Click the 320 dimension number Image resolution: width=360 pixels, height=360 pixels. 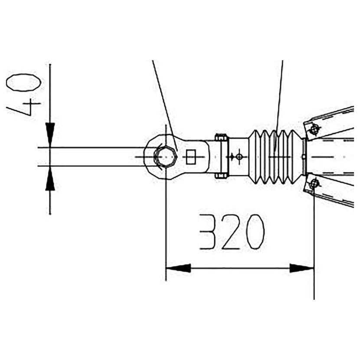pyautogui.click(x=232, y=232)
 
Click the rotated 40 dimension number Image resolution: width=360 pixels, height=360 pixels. pyautogui.click(x=24, y=95)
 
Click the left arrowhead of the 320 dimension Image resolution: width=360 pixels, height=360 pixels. pyautogui.click(x=178, y=268)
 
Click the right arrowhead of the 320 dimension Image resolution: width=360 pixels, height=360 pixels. pyautogui.click(x=301, y=268)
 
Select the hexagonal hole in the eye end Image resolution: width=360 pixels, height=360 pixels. pyautogui.click(x=166, y=157)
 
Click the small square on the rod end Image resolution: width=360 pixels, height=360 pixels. pyautogui.click(x=191, y=157)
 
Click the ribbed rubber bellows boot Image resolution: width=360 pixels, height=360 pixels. pyautogui.click(x=275, y=157)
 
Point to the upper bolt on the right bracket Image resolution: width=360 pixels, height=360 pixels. pyautogui.click(x=314, y=130)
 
